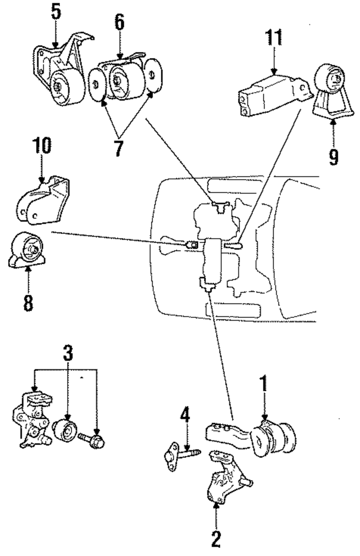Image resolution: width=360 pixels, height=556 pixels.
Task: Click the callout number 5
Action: [x=55, y=12]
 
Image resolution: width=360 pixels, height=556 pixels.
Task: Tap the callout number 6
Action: [x=120, y=22]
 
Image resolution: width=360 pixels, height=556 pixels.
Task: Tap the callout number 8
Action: [x=28, y=302]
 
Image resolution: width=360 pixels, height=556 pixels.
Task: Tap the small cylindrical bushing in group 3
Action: [x=66, y=431]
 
